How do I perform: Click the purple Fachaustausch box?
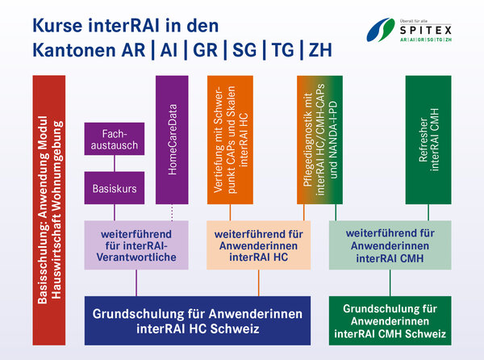point(115,139)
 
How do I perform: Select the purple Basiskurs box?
point(115,188)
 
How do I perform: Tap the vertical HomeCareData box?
point(172,140)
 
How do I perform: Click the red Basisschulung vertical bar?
point(49,210)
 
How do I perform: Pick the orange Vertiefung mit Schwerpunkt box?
point(230,140)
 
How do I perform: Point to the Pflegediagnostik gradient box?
point(319,140)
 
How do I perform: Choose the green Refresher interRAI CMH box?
point(428,140)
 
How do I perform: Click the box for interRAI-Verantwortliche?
point(136,245)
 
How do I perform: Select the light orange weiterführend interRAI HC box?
point(259,245)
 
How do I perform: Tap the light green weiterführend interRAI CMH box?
point(390,245)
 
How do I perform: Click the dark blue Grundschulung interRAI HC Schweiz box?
point(198,320)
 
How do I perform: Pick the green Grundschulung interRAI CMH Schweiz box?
point(390,320)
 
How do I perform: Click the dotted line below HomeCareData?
point(172,212)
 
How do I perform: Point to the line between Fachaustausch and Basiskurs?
point(115,163)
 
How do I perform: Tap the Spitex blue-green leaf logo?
point(381,30)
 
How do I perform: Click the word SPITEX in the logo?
point(426,30)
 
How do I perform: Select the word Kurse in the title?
point(58,25)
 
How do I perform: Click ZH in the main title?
point(320,50)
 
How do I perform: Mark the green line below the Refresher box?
point(428,212)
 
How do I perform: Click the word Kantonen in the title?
point(73,50)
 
